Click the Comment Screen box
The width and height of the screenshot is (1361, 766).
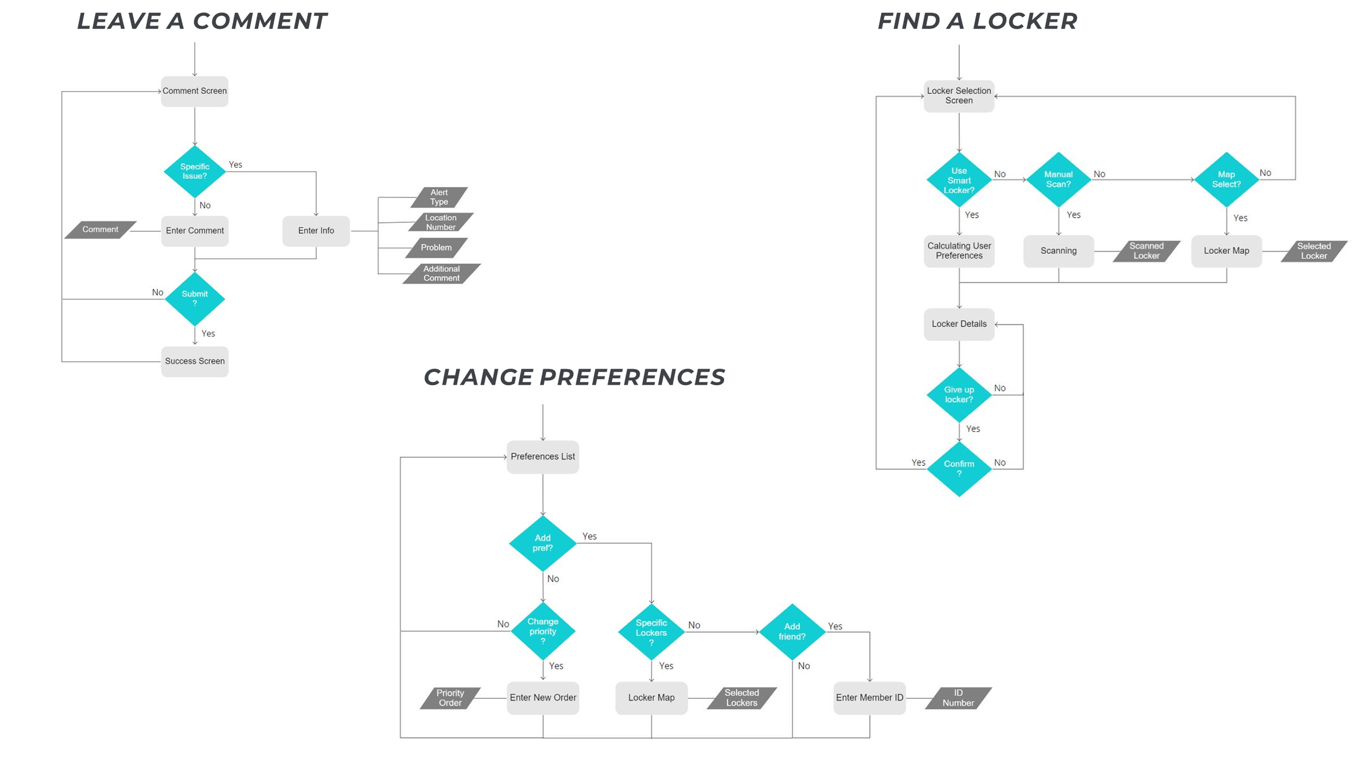coord(194,91)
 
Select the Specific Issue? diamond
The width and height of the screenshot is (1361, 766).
coord(194,172)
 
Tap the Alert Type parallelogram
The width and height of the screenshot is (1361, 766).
coord(439,197)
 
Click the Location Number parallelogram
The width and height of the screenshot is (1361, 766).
coord(440,222)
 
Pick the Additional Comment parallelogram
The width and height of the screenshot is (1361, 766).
coord(441,273)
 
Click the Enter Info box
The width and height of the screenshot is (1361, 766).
coord(316,231)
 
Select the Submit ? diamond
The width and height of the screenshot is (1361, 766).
coord(194,299)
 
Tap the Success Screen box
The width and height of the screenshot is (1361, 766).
coord(194,361)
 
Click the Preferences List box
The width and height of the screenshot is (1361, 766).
coord(542,457)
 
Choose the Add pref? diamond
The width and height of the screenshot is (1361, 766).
coord(542,543)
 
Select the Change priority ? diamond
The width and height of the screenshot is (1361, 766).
coord(542,631)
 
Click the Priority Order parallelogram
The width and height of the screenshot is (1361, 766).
coord(450,698)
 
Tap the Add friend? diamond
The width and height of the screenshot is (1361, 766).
coord(792,631)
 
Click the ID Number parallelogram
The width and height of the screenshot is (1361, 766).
coord(958,698)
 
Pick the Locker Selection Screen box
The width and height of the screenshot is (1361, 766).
coord(959,96)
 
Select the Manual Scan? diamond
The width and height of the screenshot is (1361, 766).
coord(1058,179)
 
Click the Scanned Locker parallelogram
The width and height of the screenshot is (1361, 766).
coord(1146,251)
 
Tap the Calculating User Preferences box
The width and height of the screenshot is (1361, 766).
coord(959,251)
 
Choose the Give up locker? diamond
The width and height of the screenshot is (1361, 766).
coord(959,394)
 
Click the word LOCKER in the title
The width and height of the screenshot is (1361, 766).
coord(1024,21)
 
